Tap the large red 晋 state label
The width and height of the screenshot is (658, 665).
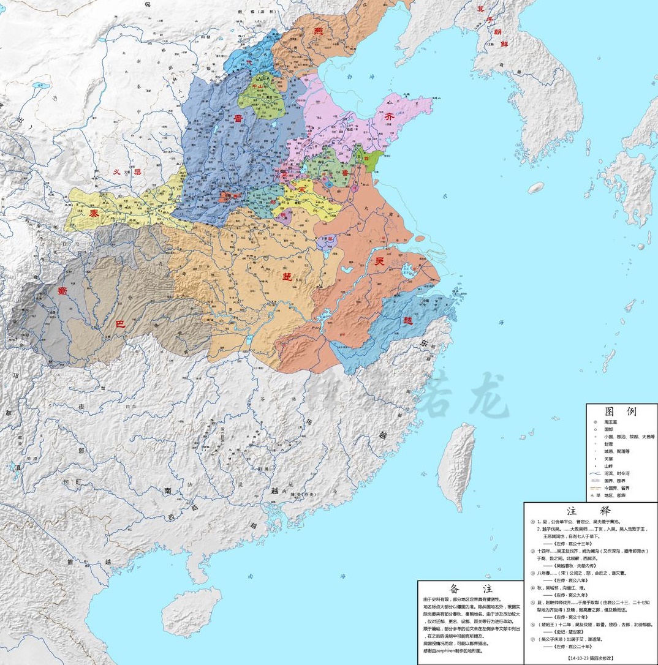236,119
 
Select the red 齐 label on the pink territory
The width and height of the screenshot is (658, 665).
391,118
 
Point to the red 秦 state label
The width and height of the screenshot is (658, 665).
94,214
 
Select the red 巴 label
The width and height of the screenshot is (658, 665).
120,324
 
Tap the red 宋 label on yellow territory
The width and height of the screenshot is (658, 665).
301,190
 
